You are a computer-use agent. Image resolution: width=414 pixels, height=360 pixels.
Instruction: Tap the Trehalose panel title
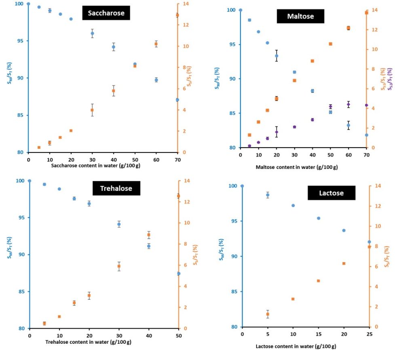click(x=116, y=188)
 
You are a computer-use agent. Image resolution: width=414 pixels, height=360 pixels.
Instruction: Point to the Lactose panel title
click(x=332, y=193)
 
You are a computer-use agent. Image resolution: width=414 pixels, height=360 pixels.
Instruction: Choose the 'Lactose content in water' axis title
click(x=296, y=346)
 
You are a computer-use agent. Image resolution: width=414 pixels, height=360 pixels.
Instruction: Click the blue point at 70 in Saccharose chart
click(x=177, y=100)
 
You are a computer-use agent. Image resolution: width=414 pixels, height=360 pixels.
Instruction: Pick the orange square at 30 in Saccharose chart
click(x=92, y=110)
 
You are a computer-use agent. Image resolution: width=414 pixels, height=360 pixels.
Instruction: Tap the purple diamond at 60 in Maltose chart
click(x=349, y=104)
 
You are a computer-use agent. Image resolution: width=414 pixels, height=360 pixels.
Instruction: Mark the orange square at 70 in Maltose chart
click(x=366, y=13)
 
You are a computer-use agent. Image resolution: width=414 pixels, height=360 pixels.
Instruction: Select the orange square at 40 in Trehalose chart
click(x=149, y=235)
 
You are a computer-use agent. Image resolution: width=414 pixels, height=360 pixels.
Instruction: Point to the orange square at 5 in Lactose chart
click(x=268, y=314)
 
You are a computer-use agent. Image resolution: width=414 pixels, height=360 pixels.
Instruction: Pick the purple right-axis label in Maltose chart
click(x=390, y=79)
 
